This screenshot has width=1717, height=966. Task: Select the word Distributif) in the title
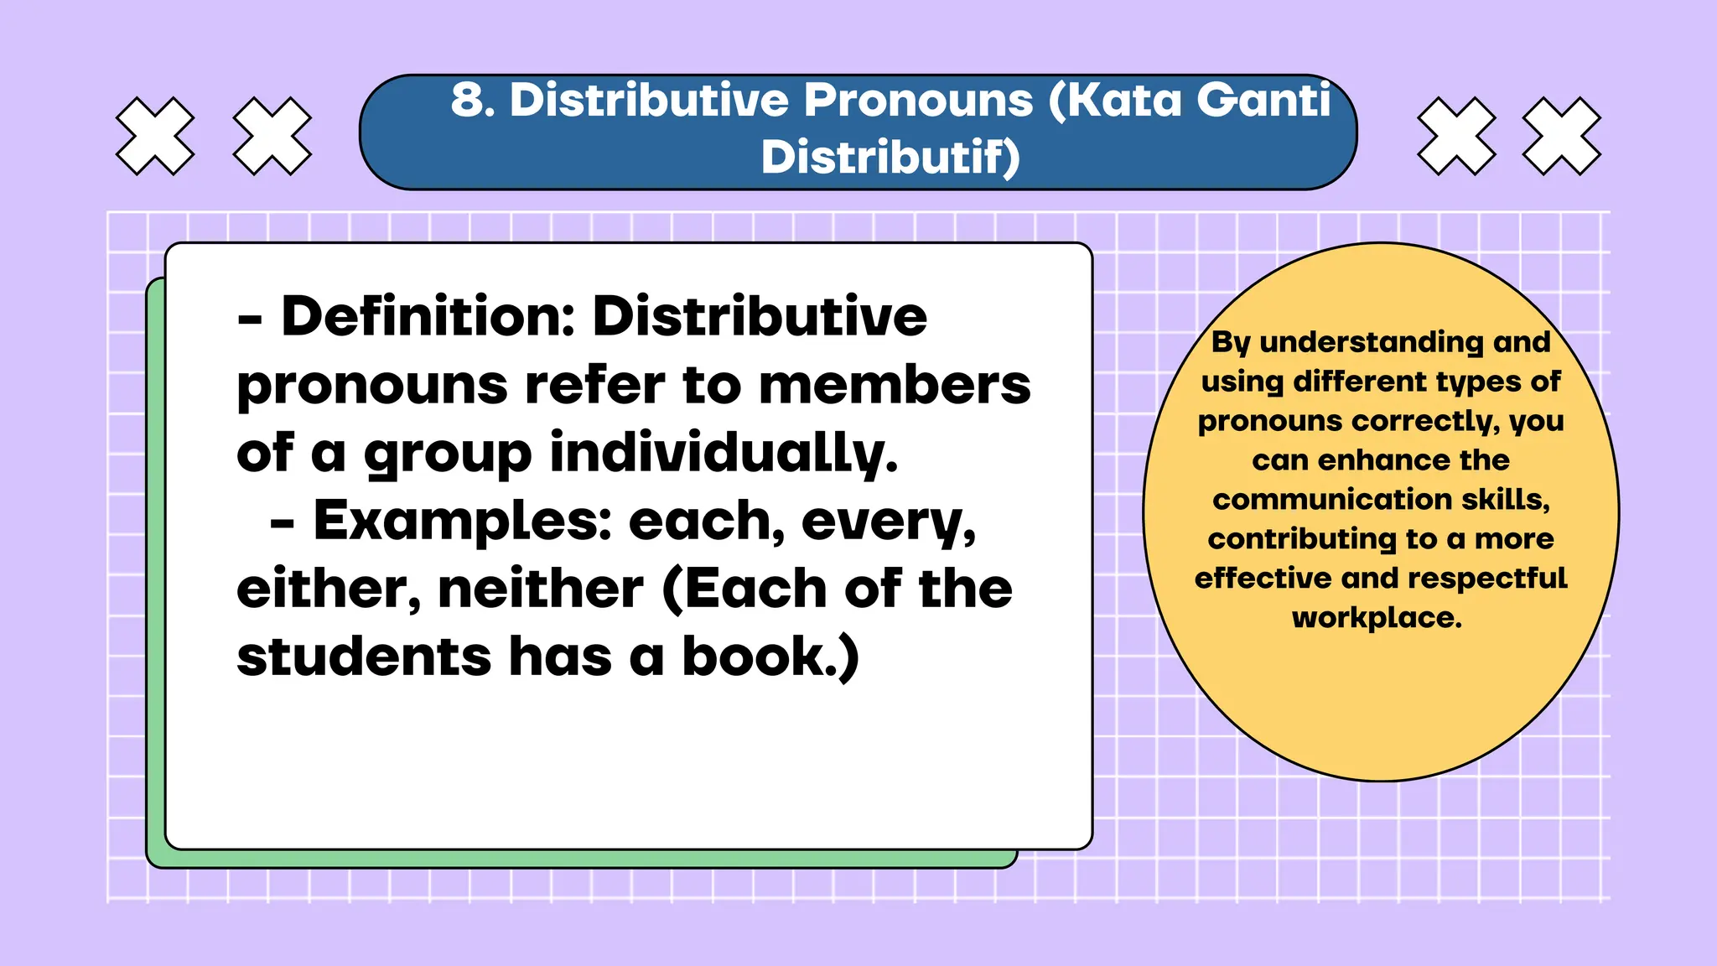(890, 158)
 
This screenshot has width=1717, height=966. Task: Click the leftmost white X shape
(155, 136)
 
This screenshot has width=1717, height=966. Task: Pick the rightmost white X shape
(1561, 136)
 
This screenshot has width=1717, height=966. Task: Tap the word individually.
(724, 454)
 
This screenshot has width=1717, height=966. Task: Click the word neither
(541, 589)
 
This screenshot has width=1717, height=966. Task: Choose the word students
(364, 657)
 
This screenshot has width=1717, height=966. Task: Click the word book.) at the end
(770, 657)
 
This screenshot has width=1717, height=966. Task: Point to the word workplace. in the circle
(1377, 618)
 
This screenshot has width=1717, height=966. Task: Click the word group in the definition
(448, 454)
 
